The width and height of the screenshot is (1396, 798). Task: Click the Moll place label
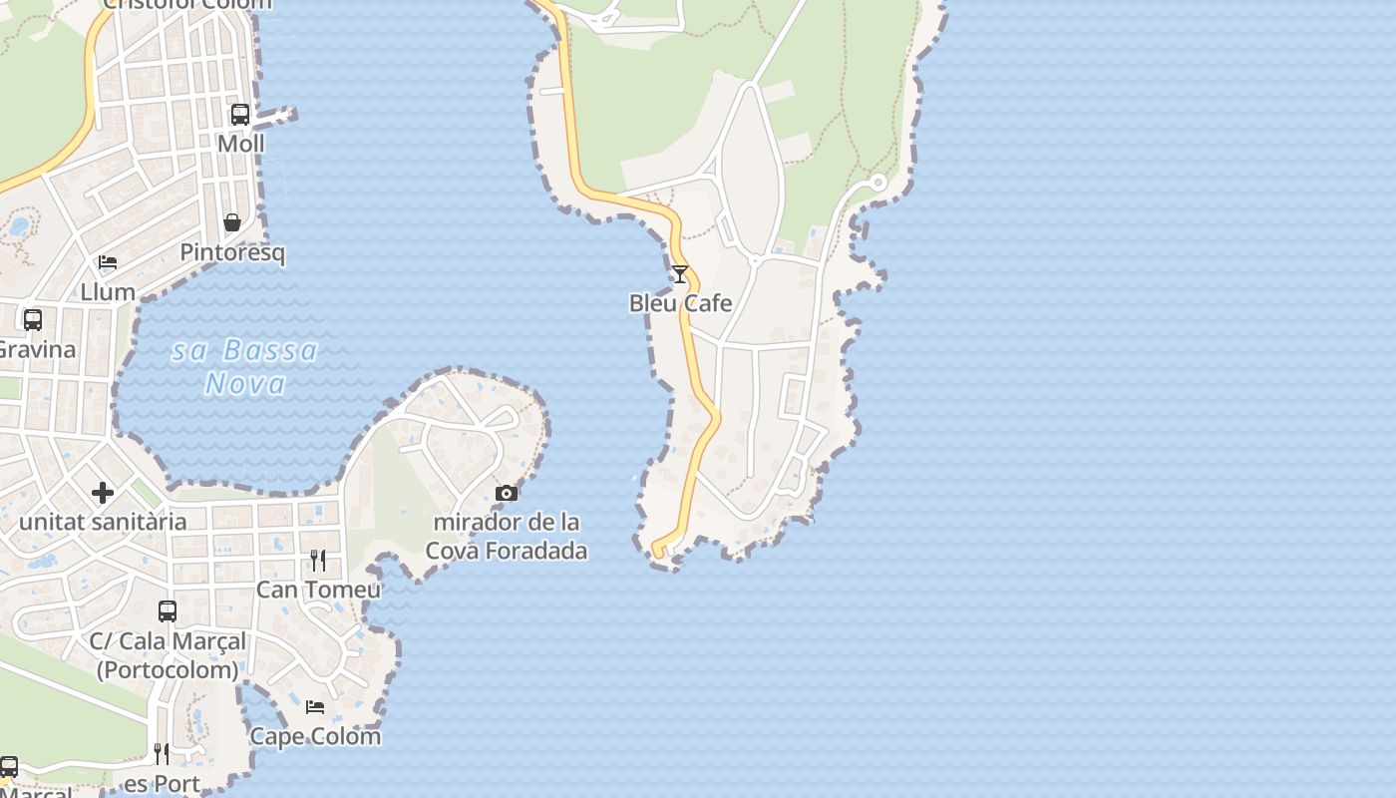point(241,144)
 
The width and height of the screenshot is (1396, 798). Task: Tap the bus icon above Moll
point(240,115)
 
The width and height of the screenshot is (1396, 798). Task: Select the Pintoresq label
point(232,252)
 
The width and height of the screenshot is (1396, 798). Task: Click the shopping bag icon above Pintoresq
point(232,222)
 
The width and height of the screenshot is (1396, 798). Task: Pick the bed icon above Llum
point(108,262)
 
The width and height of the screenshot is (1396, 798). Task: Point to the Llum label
point(108,292)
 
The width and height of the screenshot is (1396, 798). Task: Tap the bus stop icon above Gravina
point(33,320)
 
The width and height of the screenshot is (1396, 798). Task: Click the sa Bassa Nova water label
point(245,366)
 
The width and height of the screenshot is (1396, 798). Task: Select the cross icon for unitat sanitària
point(103,493)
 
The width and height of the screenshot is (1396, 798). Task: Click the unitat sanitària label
point(103,522)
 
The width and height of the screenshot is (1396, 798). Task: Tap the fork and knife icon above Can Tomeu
point(318,561)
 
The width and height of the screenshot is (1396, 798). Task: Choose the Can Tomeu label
point(318,590)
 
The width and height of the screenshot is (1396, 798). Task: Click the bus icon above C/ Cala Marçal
point(168,610)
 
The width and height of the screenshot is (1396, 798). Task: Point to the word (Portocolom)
point(168,669)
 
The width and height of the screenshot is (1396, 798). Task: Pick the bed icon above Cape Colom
point(315,707)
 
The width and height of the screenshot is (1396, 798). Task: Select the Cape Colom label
point(315,736)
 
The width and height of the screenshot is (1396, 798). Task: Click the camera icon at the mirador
point(507,493)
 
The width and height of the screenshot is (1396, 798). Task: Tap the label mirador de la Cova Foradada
point(507,536)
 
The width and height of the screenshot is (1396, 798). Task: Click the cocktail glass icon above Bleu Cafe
point(680,274)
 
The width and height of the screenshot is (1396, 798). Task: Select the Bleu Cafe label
point(680,303)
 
